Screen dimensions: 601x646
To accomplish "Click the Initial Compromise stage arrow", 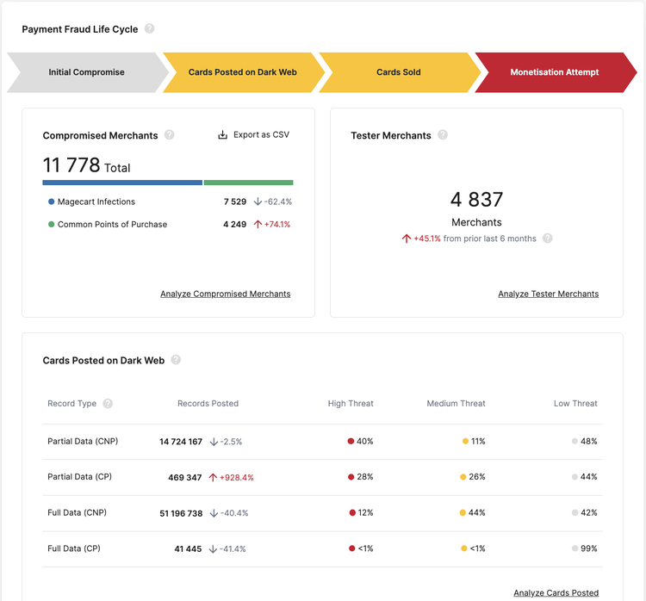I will pos(86,72).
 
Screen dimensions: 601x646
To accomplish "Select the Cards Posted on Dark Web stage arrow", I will pos(242,72).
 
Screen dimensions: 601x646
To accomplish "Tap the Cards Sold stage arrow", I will pos(399,72).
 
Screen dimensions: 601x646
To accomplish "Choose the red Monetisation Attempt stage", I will pos(554,72).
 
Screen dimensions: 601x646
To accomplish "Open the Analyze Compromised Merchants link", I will pos(226,294).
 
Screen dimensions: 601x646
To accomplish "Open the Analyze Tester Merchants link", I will pos(548,294).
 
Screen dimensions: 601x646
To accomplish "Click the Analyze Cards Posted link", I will pos(556,592).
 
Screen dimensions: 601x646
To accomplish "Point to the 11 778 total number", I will pos(72,165).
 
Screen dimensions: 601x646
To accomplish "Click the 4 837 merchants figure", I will pos(476,200).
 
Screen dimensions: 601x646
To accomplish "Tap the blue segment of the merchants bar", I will pos(122,183).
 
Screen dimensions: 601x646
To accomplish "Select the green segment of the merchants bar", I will pos(248,183).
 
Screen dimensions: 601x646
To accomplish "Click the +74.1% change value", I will pos(276,225).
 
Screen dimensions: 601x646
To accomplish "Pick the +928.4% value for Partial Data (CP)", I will pos(236,477).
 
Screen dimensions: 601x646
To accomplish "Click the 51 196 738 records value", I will pos(181,513).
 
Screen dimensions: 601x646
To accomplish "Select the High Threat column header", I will pos(351,403).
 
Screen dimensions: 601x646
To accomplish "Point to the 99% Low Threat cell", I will pos(588,548).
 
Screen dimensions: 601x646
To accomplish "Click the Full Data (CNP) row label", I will pos(78,513).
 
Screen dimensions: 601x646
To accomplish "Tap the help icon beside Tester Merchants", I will pos(443,135).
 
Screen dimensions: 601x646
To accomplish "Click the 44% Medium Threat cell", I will pos(477,513).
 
